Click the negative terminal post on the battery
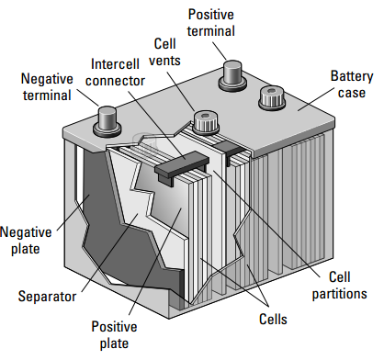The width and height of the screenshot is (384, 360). click(107, 121)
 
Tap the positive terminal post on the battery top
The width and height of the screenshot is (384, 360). click(232, 75)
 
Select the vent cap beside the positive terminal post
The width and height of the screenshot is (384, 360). click(272, 97)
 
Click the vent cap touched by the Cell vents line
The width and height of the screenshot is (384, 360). click(206, 123)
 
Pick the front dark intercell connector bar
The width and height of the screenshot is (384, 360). click(181, 167)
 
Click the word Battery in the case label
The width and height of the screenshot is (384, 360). click(352, 76)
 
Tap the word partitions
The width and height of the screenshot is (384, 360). click(339, 294)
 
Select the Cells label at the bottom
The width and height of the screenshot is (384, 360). click(273, 320)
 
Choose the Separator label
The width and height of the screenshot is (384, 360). click(47, 297)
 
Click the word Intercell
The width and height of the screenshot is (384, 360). click(115, 64)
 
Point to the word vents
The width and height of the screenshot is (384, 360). click(164, 61)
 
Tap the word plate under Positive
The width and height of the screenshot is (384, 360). click(114, 343)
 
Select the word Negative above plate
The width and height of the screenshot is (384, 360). click(26, 232)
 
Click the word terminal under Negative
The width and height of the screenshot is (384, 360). click(47, 96)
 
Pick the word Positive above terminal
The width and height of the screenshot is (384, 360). click(211, 15)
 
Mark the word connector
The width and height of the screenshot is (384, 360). click(115, 81)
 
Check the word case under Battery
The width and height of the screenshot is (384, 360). click(352, 93)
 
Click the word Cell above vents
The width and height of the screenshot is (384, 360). click(165, 44)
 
